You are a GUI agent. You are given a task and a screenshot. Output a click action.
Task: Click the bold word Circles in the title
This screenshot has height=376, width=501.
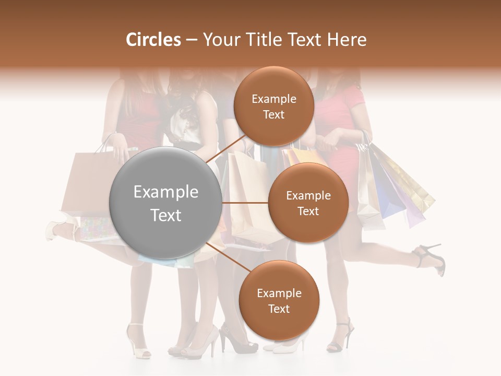(153, 40)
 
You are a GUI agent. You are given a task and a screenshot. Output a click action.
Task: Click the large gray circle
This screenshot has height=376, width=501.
(166, 203)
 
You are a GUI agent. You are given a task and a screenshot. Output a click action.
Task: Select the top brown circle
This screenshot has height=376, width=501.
(273, 106)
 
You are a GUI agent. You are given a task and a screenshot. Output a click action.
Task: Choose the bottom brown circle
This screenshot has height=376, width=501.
(279, 300)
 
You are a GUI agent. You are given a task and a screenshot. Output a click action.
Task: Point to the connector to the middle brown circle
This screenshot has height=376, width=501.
(245, 203)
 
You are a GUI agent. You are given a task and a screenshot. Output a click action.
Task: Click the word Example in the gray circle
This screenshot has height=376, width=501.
(166, 192)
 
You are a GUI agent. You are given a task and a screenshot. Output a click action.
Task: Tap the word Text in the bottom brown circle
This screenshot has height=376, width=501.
(279, 309)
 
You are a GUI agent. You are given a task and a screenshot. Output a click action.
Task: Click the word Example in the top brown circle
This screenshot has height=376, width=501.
(273, 99)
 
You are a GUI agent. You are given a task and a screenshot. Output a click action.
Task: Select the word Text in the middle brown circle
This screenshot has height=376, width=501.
(308, 211)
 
